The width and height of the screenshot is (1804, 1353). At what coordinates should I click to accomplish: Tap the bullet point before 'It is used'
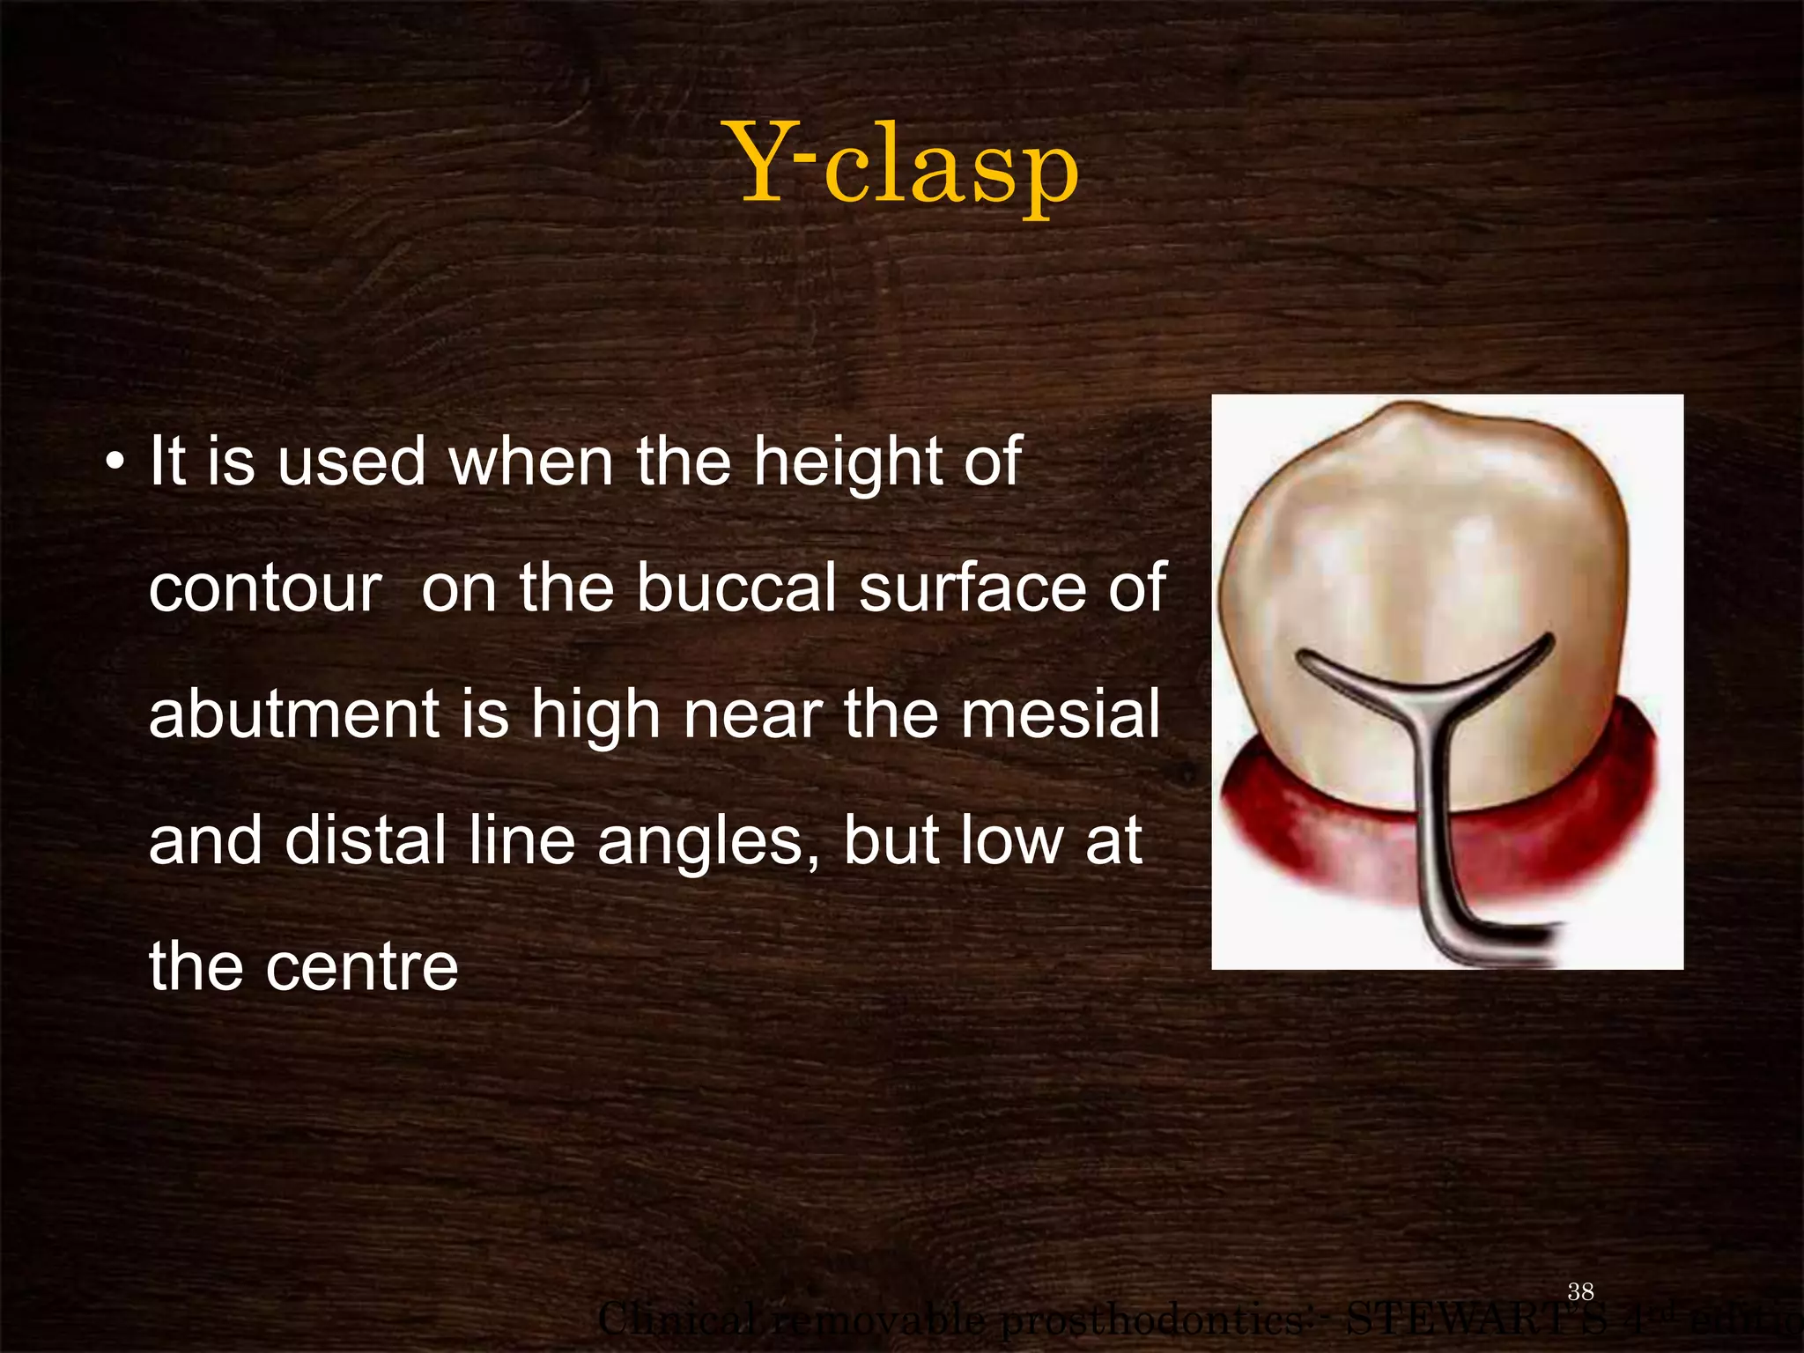tap(114, 462)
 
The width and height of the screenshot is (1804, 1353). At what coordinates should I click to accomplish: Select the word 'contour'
tap(264, 588)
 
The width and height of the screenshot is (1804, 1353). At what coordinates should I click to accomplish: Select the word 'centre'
tap(361, 966)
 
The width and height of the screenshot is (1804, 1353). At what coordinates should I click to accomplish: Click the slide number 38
tap(1580, 1291)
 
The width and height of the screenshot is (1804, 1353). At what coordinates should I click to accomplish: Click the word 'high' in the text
tap(595, 715)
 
